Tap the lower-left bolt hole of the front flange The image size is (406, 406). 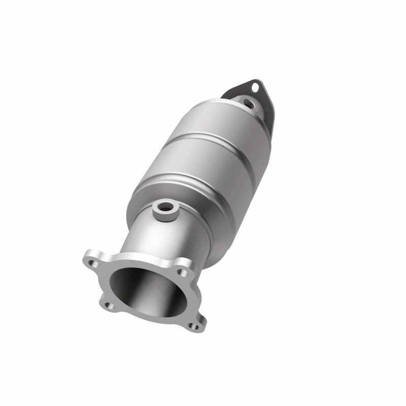point(108,306)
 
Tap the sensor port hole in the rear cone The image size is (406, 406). point(248,104)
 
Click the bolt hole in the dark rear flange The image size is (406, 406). point(255,87)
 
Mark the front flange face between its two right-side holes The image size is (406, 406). point(190,299)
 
